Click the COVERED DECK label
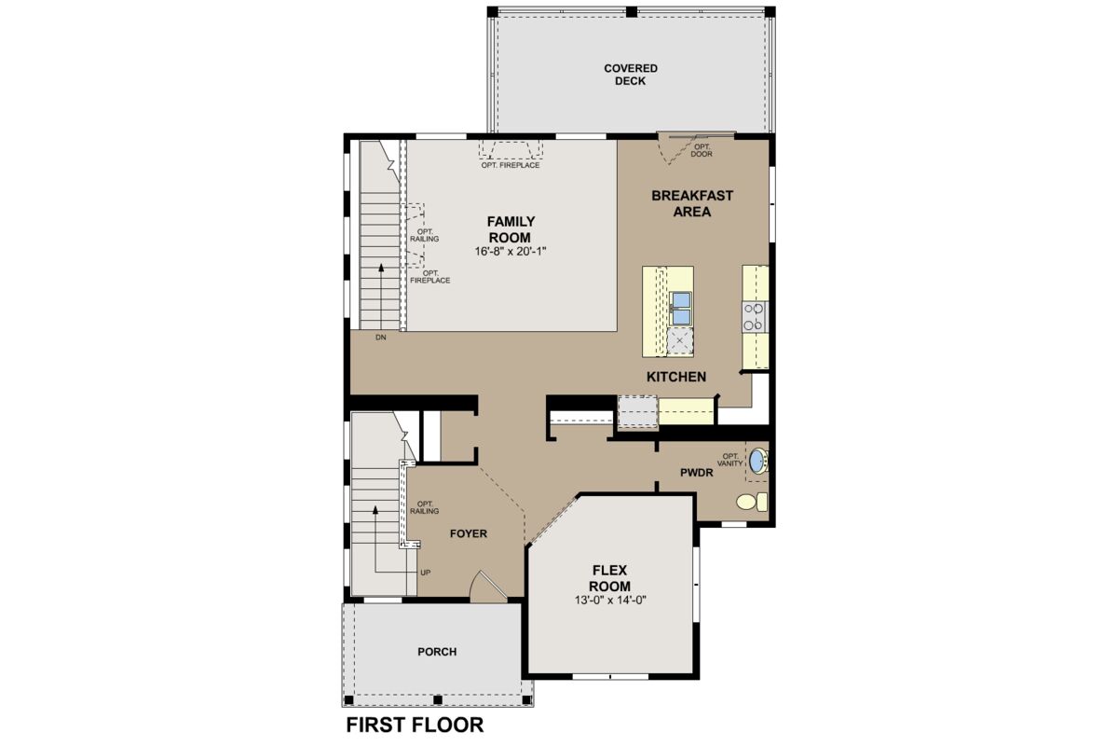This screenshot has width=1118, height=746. pyautogui.click(x=631, y=75)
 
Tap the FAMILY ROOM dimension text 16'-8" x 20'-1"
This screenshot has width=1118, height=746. pyautogui.click(x=511, y=252)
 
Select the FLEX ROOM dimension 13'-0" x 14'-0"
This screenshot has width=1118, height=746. pyautogui.click(x=610, y=601)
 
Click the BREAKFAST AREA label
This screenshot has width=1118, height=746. pyautogui.click(x=691, y=203)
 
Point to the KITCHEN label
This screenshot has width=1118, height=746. pyautogui.click(x=676, y=377)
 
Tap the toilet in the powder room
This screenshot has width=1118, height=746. pyautogui.click(x=752, y=502)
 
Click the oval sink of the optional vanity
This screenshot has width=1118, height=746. pyautogui.click(x=758, y=461)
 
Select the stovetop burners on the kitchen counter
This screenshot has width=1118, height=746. pyautogui.click(x=754, y=317)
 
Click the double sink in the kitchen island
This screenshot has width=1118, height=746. pyautogui.click(x=680, y=309)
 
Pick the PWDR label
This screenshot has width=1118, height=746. pyautogui.click(x=696, y=473)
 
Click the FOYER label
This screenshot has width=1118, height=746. pyautogui.click(x=468, y=533)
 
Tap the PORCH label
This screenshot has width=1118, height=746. pyautogui.click(x=437, y=652)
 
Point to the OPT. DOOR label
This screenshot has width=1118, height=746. pyautogui.click(x=702, y=150)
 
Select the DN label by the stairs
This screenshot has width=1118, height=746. pyautogui.click(x=381, y=338)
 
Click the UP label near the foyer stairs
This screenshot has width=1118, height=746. pyautogui.click(x=425, y=573)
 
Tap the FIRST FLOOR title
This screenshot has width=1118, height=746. pyautogui.click(x=415, y=725)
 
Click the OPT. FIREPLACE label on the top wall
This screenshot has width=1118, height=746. pyautogui.click(x=511, y=165)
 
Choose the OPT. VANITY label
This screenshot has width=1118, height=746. pyautogui.click(x=730, y=460)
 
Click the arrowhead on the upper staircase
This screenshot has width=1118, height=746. pyautogui.click(x=381, y=268)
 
